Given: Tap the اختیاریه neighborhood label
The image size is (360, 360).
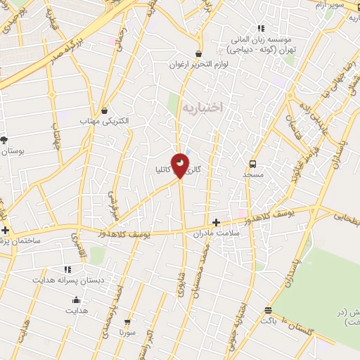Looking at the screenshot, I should (x=202, y=107).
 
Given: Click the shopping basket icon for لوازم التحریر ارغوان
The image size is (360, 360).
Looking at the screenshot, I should (x=199, y=53).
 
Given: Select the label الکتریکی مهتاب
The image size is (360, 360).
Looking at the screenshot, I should (x=105, y=122).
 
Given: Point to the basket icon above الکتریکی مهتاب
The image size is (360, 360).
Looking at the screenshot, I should (x=105, y=110).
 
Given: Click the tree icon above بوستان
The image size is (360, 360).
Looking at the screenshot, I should (x=4, y=140).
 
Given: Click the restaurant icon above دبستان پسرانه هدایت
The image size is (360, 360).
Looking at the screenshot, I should (x=67, y=269).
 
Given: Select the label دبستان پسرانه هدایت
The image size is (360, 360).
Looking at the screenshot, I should (x=67, y=280).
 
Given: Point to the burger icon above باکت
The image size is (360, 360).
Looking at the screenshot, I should (x=268, y=309).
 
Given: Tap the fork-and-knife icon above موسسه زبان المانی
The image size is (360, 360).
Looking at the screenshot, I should (x=261, y=29).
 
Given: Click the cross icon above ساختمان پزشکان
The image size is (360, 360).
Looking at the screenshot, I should (x=6, y=231).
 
